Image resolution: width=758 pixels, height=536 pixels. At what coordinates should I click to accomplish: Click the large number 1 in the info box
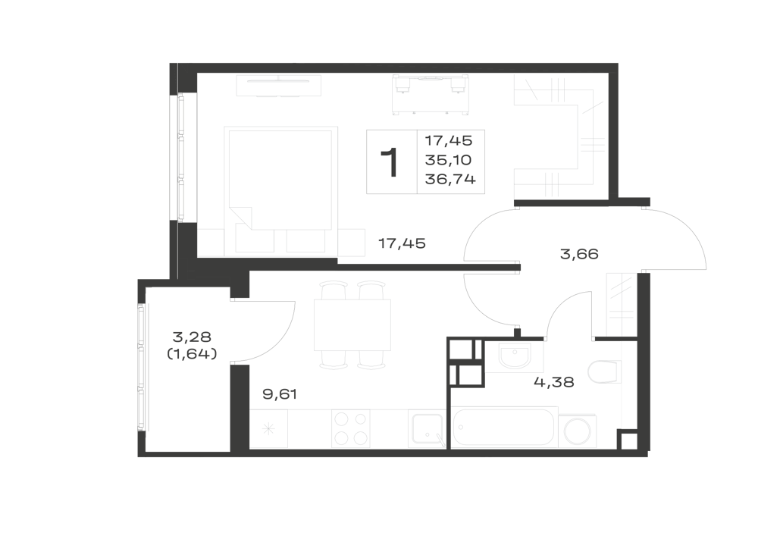click(x=390, y=162)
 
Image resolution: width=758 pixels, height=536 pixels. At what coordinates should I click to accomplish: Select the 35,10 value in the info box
click(x=448, y=160)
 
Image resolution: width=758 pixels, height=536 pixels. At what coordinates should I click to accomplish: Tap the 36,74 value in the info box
click(x=450, y=180)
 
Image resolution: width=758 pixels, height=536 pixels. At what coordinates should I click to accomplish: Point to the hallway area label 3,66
click(x=579, y=254)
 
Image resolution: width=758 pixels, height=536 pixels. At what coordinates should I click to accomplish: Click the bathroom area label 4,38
click(x=554, y=382)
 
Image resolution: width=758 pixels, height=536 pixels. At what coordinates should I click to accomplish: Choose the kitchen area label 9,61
click(x=280, y=394)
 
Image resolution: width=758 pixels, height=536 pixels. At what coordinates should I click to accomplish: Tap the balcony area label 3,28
click(x=192, y=337)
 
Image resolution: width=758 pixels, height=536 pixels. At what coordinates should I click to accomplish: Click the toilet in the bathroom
click(x=604, y=371)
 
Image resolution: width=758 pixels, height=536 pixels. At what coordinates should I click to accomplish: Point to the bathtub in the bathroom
click(x=505, y=427)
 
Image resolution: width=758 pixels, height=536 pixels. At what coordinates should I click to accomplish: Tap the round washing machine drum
click(x=577, y=431)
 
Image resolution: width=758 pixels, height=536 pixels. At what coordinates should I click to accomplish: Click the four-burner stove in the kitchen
click(x=350, y=428)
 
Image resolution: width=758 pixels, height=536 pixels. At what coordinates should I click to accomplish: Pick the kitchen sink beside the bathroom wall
click(x=426, y=430)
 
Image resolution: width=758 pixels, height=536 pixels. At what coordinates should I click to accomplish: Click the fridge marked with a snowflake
click(x=269, y=428)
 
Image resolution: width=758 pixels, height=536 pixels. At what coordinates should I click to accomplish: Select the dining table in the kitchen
click(x=352, y=324)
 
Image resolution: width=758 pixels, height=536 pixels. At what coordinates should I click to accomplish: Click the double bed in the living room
click(x=280, y=178)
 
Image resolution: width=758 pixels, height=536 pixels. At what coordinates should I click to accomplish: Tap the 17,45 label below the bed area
click(x=402, y=243)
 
